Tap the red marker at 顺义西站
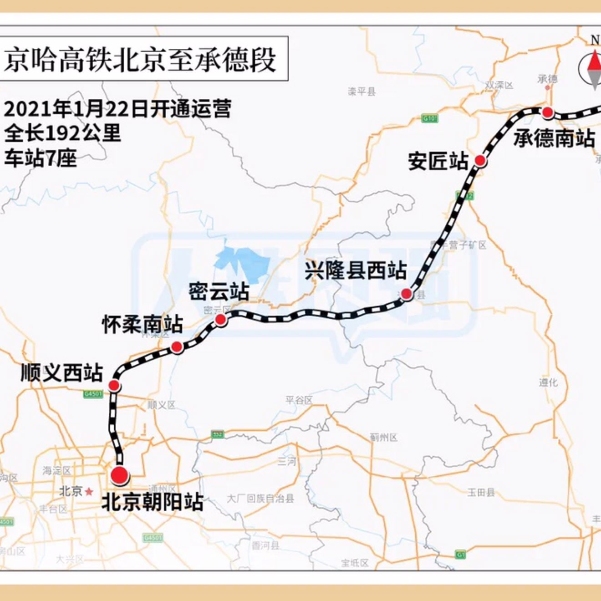114,386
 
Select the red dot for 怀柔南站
177,347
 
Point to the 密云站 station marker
220,319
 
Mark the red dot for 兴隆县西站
406,294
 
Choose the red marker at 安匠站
480,160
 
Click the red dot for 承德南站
547,112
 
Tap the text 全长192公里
63,133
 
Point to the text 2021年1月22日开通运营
117,109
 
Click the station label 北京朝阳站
152,502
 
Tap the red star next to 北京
89,492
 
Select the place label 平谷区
299,400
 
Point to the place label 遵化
548,382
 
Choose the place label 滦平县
362,92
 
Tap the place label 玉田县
481,492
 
